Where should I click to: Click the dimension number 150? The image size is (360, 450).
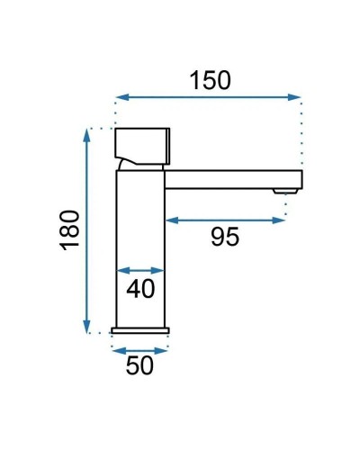211,79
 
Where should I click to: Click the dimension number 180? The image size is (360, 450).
71,229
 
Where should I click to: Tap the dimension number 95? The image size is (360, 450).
224,238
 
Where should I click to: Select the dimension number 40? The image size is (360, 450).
141,289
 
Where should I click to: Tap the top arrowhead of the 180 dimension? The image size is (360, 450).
86,132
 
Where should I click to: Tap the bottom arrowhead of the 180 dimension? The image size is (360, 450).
86,330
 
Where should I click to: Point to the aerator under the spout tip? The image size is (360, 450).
288,190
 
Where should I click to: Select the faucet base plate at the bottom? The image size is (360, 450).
140,329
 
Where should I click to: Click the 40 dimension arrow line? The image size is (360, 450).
141,270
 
